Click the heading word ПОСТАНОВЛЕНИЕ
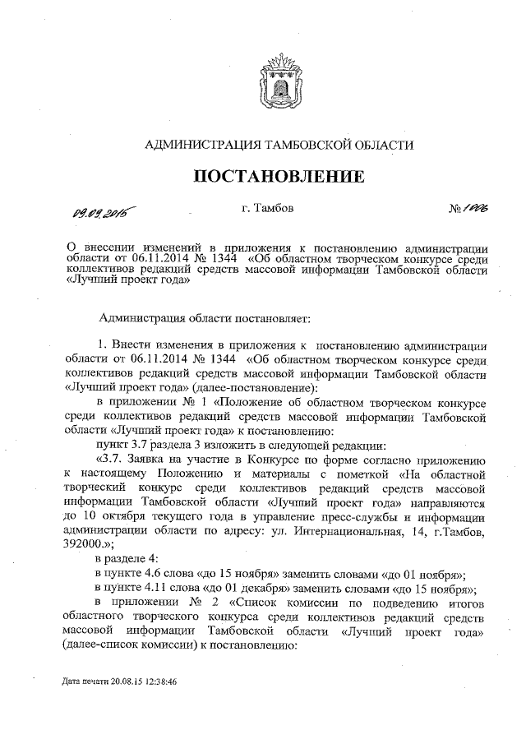point(279,177)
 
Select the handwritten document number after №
point(475,210)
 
